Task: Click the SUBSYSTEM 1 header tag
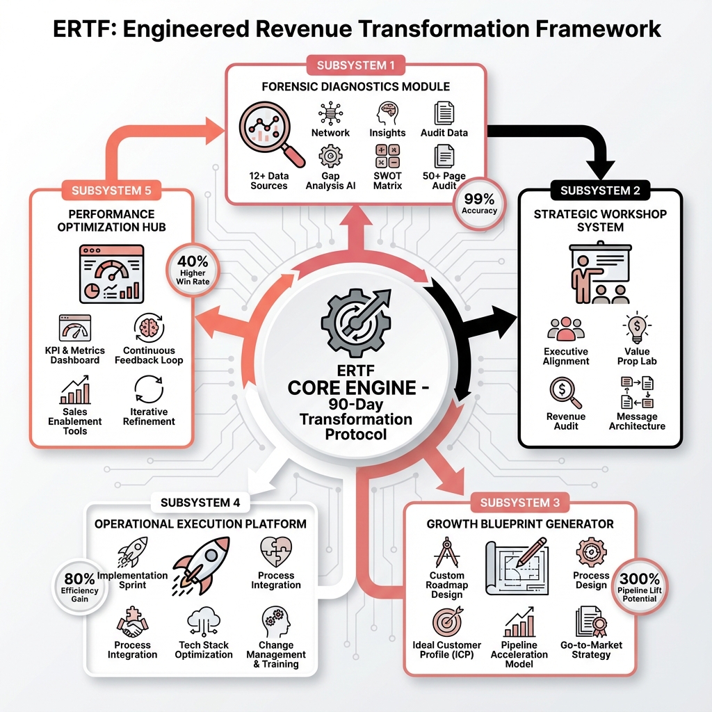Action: click(x=355, y=65)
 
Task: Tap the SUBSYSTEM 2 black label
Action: click(x=599, y=190)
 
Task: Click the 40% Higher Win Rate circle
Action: click(x=193, y=270)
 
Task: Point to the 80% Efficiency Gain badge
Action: click(x=79, y=587)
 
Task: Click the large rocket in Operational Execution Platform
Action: click(x=200, y=559)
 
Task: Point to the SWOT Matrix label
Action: click(x=387, y=181)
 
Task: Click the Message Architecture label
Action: click(x=637, y=421)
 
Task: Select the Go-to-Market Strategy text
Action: click(x=591, y=649)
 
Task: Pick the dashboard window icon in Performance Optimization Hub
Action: click(x=112, y=273)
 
